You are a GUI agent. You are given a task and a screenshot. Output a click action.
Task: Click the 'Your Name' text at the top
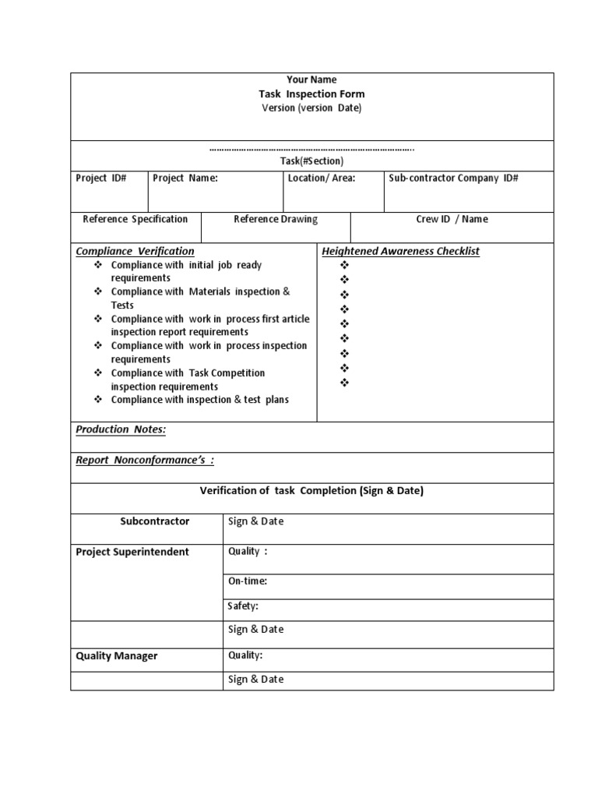click(311, 79)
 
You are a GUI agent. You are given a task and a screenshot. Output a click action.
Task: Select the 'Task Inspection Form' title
click(311, 94)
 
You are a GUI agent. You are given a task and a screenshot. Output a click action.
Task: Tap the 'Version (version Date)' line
click(311, 108)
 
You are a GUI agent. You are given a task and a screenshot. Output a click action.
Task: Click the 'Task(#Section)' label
click(311, 161)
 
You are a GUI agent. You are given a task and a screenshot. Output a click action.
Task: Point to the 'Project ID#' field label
click(100, 178)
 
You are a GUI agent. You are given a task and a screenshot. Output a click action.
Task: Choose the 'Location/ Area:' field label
click(322, 178)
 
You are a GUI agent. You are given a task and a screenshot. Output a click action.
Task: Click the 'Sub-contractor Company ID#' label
click(453, 178)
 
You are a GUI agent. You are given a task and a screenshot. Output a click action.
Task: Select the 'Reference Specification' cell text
click(135, 219)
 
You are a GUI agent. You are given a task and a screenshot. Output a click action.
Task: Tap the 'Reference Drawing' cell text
click(276, 219)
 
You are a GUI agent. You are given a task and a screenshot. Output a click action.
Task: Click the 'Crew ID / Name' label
click(452, 219)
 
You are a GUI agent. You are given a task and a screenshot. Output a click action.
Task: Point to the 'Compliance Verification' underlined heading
click(135, 251)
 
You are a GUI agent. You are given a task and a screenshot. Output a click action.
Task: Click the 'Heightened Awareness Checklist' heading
click(401, 251)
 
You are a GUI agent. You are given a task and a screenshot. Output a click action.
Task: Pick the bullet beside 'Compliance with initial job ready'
click(98, 265)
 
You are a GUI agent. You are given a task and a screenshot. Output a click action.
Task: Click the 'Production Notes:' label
click(121, 429)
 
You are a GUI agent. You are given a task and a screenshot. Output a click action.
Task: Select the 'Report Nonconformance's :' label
click(145, 460)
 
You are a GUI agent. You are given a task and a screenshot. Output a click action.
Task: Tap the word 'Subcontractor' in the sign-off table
click(155, 521)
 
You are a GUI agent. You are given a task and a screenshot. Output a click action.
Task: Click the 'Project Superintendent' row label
click(132, 552)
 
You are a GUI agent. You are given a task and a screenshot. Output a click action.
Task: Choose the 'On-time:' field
click(248, 581)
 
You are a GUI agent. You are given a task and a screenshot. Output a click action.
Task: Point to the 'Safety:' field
click(243, 606)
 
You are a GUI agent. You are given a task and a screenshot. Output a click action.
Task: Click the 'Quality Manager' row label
click(117, 656)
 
